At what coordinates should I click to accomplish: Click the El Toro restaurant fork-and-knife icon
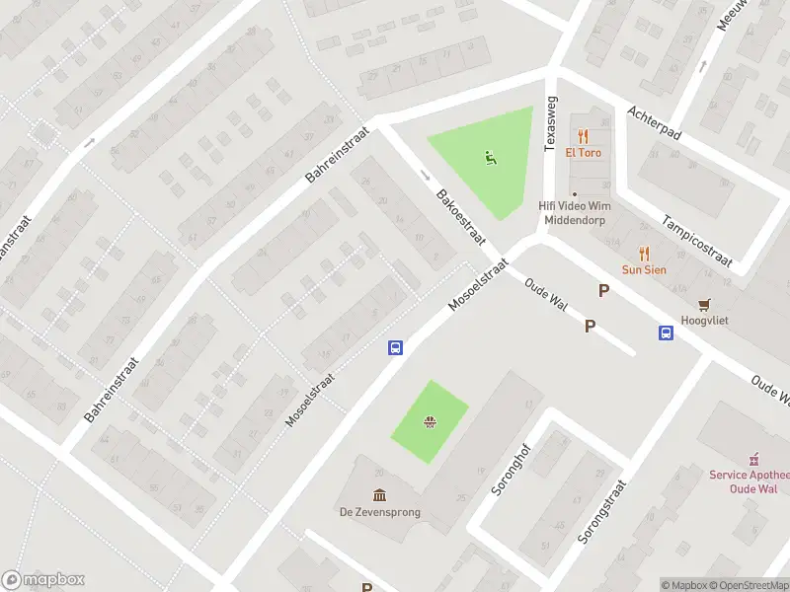584,136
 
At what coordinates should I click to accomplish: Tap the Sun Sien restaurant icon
644,253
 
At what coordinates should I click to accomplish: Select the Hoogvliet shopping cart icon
704,304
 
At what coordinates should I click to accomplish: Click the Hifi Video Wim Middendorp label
575,212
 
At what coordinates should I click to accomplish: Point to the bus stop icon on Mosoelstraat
395,347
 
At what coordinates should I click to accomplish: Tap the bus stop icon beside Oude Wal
667,333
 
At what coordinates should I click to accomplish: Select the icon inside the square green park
431,423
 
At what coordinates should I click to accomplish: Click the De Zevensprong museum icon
380,494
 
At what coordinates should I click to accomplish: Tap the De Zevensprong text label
380,511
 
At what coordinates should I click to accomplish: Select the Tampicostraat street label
697,241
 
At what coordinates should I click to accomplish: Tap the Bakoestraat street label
460,219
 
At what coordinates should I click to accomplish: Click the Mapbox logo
43,580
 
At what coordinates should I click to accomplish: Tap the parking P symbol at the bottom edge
366,587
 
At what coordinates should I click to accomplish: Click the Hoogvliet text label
704,321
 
